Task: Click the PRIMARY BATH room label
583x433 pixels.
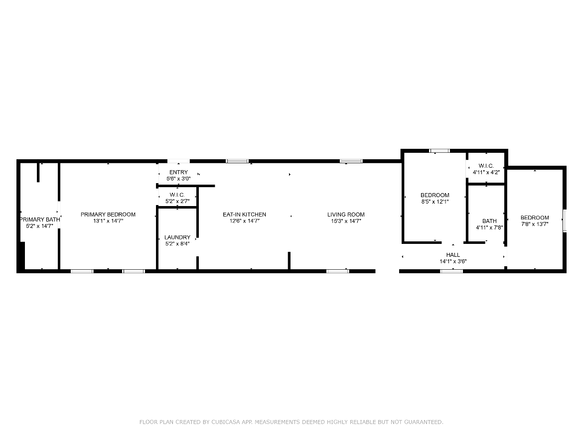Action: pos(40,219)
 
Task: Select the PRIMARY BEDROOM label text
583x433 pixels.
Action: pos(108,215)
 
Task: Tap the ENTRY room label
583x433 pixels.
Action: pos(178,172)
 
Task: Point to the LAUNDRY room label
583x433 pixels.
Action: pos(177,237)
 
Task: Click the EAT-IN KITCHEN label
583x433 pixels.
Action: pos(244,215)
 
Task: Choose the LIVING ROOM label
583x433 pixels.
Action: pos(346,215)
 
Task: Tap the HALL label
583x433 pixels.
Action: pos(453,255)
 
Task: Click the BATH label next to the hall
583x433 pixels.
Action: pos(489,221)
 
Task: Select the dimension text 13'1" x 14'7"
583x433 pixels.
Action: pos(108,221)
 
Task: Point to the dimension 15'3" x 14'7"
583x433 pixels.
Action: pos(346,221)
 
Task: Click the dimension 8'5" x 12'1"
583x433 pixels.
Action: pos(435,202)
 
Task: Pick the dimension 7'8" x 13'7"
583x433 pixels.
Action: pos(535,224)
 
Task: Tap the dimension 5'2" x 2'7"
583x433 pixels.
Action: pos(177,201)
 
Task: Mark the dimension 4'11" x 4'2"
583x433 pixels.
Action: pos(486,172)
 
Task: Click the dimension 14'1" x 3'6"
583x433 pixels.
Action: pos(453,261)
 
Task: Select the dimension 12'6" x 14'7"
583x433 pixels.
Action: pos(244,221)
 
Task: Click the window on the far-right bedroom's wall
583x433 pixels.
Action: pos(565,220)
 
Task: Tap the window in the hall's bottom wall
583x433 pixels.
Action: pos(451,271)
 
